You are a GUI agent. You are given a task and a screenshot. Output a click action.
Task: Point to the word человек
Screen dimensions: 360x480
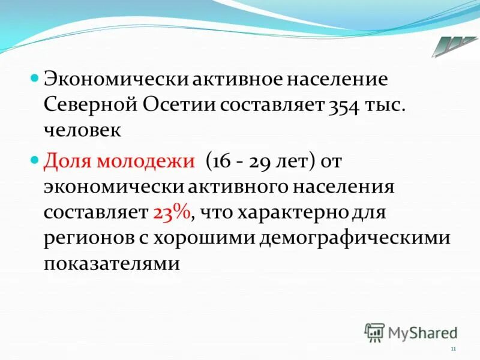pyautogui.click(x=83, y=131)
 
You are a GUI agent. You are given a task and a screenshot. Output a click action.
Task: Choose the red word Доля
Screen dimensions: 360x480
pyautogui.click(x=70, y=161)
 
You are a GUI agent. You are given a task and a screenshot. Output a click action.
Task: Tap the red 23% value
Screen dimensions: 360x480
pyautogui.click(x=172, y=212)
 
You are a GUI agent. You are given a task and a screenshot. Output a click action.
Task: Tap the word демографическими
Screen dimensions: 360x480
pyautogui.click(x=354, y=238)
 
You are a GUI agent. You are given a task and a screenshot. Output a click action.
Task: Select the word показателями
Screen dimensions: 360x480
pyautogui.click(x=112, y=263)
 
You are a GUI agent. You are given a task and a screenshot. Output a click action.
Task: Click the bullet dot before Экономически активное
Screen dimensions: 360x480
pyautogui.click(x=34, y=79)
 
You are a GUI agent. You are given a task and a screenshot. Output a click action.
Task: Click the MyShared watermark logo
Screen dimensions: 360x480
pyautogui.click(x=411, y=331)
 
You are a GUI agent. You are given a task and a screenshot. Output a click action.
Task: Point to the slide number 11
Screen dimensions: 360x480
pyautogui.click(x=453, y=349)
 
